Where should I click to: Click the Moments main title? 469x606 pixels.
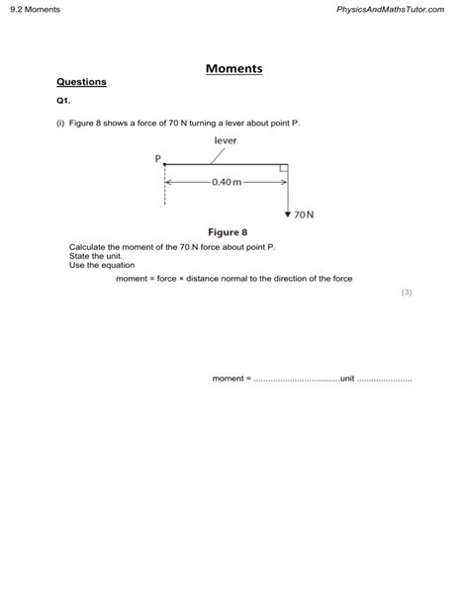pos(234,69)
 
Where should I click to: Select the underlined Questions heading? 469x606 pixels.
pos(81,82)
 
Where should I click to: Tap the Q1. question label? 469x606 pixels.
pos(63,101)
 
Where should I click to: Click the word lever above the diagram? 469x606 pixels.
pos(226,140)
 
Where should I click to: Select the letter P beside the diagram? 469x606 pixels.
pos(157,158)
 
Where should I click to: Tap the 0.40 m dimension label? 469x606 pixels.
pos(226,182)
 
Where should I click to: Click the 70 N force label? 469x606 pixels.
pos(304,214)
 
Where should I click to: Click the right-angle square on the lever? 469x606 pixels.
pos(283,170)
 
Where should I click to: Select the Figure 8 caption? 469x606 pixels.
pos(227,231)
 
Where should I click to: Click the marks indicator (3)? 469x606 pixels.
pos(406,293)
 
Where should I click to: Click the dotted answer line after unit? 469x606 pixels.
pos(384,379)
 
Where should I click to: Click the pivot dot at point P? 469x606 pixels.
pos(165,165)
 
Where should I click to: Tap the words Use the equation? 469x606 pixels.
pos(102,265)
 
